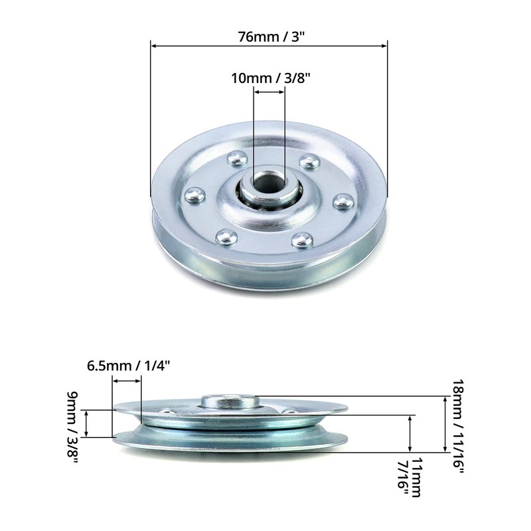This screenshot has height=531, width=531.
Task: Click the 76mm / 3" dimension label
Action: pos(269,37)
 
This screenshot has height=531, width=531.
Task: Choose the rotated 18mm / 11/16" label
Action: pos(457,425)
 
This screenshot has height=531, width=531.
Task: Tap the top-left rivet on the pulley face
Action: pos(236,158)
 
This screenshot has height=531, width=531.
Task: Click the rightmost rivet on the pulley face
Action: pos(342,201)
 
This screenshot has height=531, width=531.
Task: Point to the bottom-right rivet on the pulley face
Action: pos(303,239)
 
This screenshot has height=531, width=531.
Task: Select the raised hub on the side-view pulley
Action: pos(228,401)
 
